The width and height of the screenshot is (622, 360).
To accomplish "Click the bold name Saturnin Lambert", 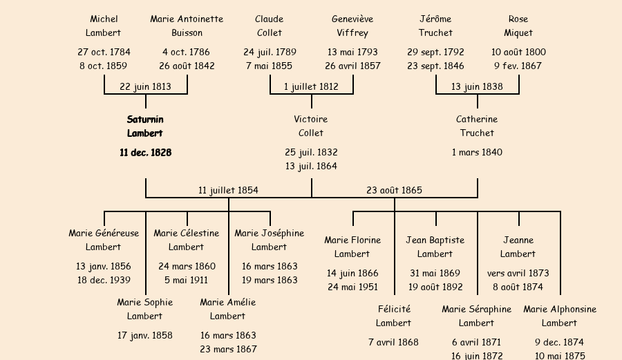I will pos(145,126).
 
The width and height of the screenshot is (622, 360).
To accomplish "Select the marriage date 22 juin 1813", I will pos(145,86).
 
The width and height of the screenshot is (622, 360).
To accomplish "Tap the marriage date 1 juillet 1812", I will pos(311,86).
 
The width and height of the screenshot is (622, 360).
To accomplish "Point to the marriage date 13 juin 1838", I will pos(477,86).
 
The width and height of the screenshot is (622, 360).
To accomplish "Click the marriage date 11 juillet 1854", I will pos(228,190).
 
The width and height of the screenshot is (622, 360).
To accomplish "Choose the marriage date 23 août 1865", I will pos(394,190).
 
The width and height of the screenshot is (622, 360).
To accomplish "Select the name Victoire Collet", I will pos(311,126).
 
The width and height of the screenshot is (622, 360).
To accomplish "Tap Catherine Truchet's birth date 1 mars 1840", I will pos(477,152).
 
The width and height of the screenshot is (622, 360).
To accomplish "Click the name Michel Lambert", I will pos(104,26).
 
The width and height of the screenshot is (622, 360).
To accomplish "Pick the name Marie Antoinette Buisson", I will pos(187,26).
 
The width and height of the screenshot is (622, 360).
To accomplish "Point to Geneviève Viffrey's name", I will pos(352,26).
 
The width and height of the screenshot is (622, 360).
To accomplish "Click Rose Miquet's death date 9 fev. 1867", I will pos(518,66).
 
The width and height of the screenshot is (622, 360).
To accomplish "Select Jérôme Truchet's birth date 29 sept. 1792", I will pos(435,52).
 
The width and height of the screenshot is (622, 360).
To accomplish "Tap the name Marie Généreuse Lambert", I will pos(104,240).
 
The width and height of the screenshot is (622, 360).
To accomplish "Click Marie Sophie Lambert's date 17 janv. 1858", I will pos(145,335).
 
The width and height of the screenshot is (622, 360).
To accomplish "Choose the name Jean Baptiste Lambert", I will pos(435,247).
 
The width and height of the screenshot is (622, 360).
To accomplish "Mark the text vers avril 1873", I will pos(518,273).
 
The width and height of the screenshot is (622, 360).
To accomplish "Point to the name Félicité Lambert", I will pos(394,316).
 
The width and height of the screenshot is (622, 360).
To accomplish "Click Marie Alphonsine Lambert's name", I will pos(560,316).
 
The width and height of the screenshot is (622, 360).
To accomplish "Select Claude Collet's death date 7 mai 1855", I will pos(270,66).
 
